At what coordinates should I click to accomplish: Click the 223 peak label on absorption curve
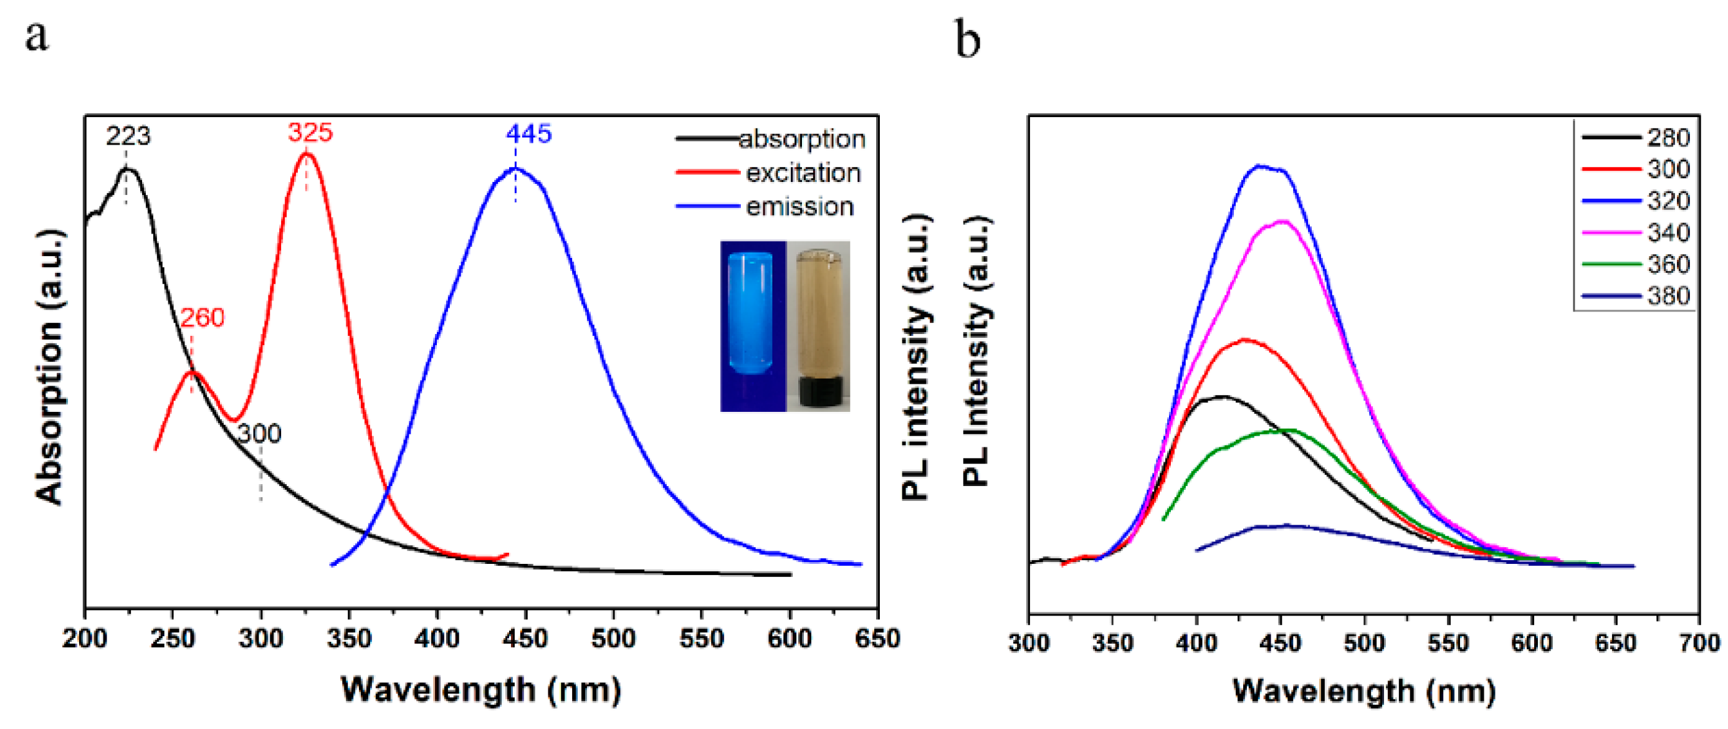pos(128,136)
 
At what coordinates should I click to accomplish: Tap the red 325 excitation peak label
pos(310,132)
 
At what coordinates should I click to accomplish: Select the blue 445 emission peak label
pos(528,133)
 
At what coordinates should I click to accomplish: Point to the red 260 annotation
pos(202,317)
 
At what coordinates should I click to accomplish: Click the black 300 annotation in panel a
pos(260,434)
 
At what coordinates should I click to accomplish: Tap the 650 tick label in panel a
pos(877,638)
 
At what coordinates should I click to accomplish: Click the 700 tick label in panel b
pos(1699,643)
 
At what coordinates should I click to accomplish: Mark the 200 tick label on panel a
pos(85,638)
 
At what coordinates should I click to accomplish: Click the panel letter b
pos(967,40)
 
